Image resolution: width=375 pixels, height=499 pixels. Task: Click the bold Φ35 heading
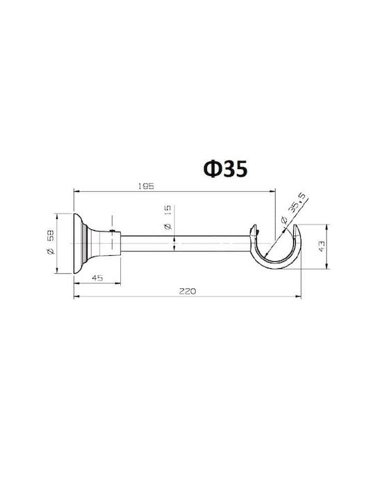point(226,168)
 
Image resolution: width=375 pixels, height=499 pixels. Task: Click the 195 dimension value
point(146,186)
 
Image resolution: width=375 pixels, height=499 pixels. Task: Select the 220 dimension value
point(187,291)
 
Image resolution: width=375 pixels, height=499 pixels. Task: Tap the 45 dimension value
point(97,278)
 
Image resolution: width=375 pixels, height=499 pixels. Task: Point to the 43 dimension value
point(322,246)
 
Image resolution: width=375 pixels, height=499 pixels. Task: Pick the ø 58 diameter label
point(51,242)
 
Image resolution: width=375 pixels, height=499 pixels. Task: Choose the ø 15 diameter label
point(168,218)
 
